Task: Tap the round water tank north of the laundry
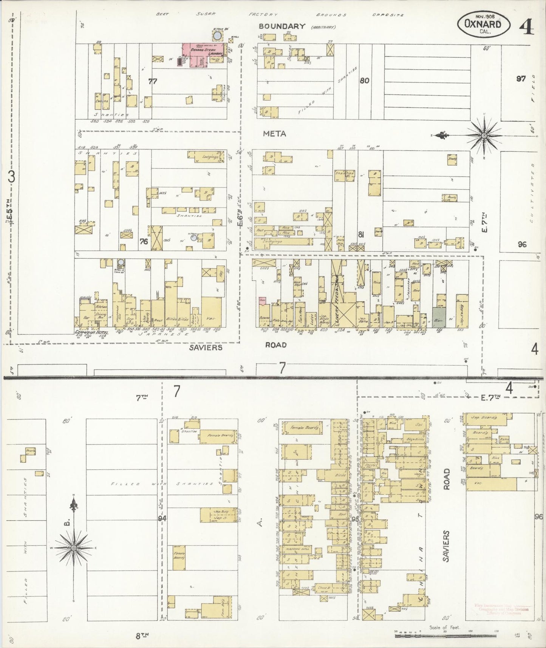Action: click(217, 36)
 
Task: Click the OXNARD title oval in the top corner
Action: click(483, 24)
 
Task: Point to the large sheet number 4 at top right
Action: click(526, 26)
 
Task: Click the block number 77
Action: click(153, 81)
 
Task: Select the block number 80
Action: click(364, 81)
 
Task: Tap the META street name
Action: click(274, 133)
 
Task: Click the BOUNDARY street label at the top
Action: click(282, 26)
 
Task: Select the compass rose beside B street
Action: click(74, 548)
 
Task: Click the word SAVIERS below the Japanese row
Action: click(206, 347)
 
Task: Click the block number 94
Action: click(162, 518)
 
